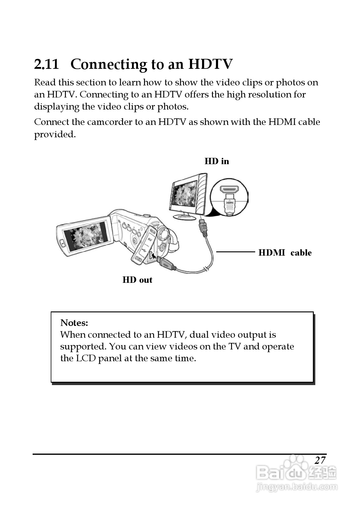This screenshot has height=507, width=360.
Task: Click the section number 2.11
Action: [x=47, y=64]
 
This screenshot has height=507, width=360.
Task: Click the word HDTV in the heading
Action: [x=211, y=64]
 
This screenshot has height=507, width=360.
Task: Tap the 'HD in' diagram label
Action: [x=217, y=161]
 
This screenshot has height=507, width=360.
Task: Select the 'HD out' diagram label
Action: [x=137, y=280]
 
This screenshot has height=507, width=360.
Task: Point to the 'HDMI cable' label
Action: [x=285, y=253]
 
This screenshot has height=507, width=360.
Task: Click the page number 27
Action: [x=320, y=460]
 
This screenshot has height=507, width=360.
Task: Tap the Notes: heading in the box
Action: [x=74, y=323]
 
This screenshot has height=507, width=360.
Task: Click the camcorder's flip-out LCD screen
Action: [x=86, y=236]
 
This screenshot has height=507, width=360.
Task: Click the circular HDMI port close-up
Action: [x=229, y=197]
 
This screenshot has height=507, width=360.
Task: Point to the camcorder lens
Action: [x=164, y=234]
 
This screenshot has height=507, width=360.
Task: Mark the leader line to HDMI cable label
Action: [x=236, y=251]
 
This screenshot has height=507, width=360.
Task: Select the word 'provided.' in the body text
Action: [x=55, y=134]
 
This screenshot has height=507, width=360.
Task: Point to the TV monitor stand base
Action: [x=185, y=216]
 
